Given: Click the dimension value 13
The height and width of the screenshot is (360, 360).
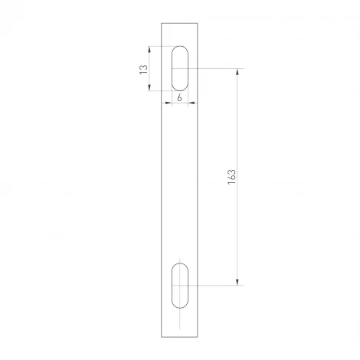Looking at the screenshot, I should click(142, 69).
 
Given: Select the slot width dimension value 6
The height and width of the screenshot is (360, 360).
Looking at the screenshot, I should click(179, 98).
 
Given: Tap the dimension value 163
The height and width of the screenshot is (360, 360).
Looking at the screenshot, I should click(231, 176).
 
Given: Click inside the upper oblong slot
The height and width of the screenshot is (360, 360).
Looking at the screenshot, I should click(180, 68).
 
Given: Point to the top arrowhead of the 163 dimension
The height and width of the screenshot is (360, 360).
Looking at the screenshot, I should click(237, 71).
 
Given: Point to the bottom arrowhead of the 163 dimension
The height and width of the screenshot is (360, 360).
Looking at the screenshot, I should click(237, 282).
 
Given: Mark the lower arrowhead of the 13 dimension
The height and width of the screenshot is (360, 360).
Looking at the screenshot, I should click(149, 88).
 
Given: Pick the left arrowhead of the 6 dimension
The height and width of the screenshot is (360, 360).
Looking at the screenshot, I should click(172, 103).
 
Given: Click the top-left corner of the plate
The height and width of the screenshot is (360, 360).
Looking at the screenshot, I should click(162, 22).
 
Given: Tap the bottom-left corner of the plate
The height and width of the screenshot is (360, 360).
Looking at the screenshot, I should click(162, 337).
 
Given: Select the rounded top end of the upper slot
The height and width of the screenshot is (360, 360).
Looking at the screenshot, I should click(180, 48).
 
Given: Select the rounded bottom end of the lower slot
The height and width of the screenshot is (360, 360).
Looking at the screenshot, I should click(180, 306).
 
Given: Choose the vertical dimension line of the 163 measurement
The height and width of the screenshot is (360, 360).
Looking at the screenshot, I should click(237, 230).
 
